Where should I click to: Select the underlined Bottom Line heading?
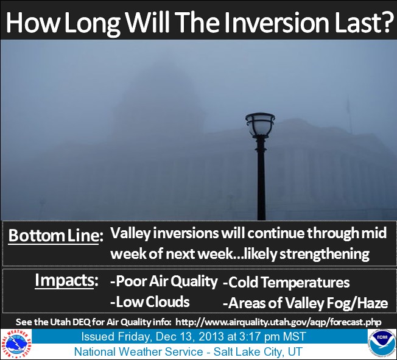pos(55,235)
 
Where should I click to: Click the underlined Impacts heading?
pos(66,281)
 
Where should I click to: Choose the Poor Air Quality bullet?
pos(164,281)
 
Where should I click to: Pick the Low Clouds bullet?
pos(150,302)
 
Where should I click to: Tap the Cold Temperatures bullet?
pos(286,282)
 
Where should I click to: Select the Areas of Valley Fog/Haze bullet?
pos(305,303)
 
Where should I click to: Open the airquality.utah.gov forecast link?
pos(278,322)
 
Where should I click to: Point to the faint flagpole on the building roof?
pos(350,115)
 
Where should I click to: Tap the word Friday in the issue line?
pos(132,337)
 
